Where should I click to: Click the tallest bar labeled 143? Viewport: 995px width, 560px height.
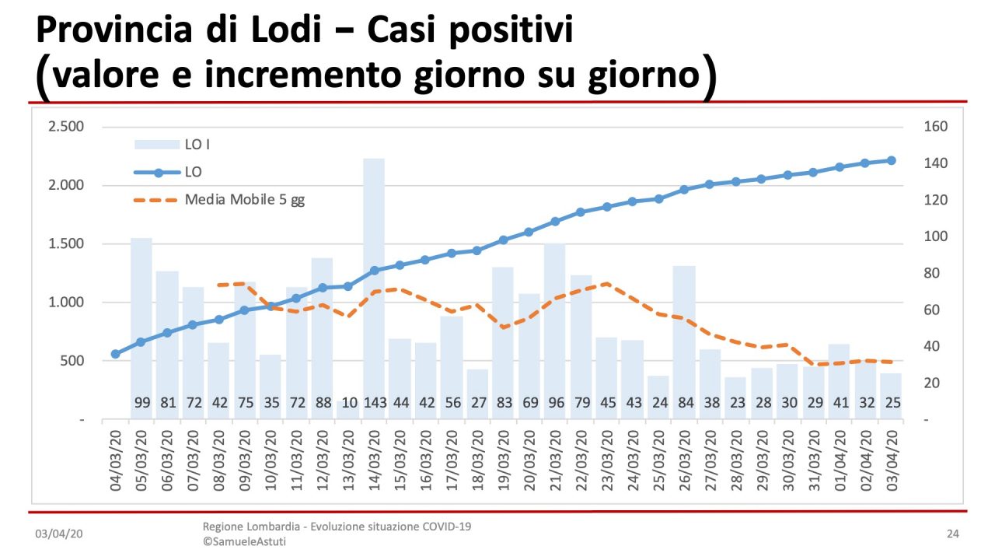point(374,288)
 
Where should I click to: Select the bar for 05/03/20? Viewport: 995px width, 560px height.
point(141,327)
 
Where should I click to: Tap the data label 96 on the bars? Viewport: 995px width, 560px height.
point(554,404)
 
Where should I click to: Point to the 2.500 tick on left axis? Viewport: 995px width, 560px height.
point(66,127)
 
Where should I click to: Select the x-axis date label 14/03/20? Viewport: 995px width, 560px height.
point(375,459)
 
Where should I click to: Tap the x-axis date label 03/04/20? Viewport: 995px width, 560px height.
point(892,459)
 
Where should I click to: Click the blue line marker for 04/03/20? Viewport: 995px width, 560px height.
point(116,354)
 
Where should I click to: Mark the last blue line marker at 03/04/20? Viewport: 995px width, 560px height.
point(892,160)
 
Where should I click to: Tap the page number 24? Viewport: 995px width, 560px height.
point(952,534)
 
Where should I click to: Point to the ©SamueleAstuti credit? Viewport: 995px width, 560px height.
point(244,541)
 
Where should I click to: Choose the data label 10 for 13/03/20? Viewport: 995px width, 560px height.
point(348,404)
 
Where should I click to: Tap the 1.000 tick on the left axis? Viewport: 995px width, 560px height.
point(66,303)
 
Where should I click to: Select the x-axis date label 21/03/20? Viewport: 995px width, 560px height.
point(555,459)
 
